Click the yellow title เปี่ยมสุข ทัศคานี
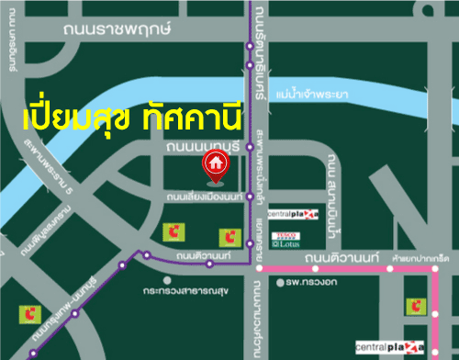[129, 118]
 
